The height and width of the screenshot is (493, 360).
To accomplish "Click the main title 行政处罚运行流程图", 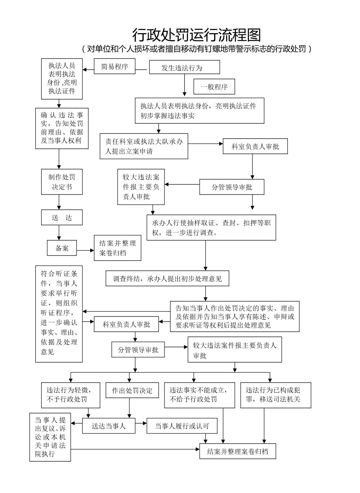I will (196, 35).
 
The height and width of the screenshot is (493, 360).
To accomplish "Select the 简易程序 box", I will (114, 66).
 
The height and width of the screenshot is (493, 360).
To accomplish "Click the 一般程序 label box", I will (214, 87).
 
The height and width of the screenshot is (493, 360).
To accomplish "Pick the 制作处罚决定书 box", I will (62, 182).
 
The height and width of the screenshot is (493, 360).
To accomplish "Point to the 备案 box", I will (62, 248).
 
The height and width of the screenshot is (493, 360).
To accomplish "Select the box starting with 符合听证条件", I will (59, 314).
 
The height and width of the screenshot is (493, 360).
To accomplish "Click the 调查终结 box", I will (167, 279).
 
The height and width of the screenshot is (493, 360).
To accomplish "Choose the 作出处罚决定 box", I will (132, 391).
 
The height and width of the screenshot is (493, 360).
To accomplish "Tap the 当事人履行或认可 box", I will (182, 426).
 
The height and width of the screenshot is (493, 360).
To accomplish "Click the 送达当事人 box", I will (109, 426).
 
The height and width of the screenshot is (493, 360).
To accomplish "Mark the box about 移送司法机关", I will (275, 395).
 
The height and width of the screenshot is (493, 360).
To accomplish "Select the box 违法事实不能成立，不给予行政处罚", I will (199, 395).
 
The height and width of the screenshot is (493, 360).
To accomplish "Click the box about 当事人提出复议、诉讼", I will (50, 437).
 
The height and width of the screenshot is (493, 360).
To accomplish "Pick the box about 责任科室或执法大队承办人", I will (144, 146).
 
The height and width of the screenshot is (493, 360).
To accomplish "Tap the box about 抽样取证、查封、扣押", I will (211, 228).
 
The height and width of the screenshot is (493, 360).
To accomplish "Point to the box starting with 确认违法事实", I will (62, 128).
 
